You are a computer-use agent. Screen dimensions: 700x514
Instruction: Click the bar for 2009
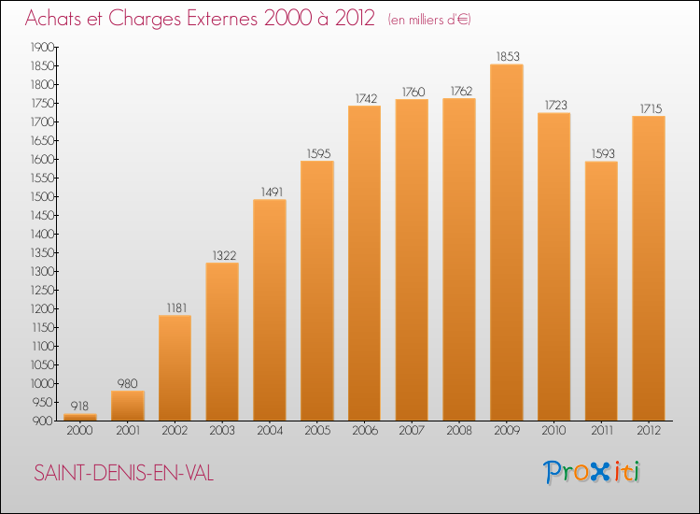click(507, 242)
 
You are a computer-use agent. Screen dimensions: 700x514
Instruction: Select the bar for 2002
click(175, 368)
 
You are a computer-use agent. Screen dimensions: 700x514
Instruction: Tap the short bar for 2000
click(80, 417)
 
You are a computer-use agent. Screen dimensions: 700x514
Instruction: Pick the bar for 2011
click(601, 291)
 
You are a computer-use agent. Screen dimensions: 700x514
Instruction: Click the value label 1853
click(508, 57)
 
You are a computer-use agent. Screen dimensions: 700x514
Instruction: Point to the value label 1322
click(224, 256)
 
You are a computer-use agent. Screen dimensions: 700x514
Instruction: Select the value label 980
click(127, 383)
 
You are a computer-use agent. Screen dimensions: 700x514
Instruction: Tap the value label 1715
click(651, 108)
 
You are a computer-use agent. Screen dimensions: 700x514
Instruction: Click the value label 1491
click(272, 193)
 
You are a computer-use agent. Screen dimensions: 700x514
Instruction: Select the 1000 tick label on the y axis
click(42, 384)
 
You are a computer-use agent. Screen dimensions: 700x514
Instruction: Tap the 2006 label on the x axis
click(365, 431)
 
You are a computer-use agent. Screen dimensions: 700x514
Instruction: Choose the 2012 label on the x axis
click(649, 431)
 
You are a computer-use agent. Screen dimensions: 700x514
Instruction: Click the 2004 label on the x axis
click(270, 431)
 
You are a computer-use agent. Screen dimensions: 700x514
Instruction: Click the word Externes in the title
click(222, 19)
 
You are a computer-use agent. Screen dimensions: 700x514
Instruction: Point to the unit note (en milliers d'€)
click(429, 20)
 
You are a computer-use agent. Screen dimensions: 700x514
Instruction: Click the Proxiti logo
click(592, 472)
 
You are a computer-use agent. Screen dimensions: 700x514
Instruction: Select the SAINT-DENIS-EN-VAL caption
click(123, 473)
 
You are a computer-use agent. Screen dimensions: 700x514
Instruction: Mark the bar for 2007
click(412, 260)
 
